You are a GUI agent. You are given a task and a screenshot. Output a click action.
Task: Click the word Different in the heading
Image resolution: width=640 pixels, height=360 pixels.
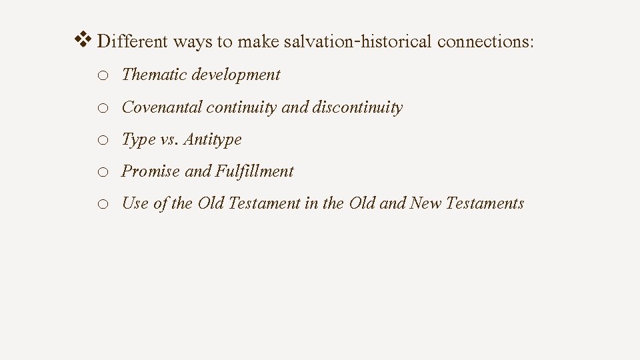(132, 42)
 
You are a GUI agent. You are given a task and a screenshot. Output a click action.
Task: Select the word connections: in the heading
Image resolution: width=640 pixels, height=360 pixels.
(486, 42)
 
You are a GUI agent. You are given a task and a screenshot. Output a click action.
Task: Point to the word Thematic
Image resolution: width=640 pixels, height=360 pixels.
(154, 75)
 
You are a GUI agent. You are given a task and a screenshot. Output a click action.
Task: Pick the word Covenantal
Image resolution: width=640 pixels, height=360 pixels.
(162, 107)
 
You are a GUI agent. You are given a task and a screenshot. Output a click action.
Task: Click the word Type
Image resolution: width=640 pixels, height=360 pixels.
(138, 140)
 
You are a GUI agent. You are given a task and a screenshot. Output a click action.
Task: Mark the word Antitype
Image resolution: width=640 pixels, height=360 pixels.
(213, 140)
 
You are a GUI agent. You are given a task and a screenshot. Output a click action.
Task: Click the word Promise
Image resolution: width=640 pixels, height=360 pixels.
(151, 171)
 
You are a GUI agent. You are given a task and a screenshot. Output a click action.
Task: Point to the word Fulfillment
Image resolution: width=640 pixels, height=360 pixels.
(254, 171)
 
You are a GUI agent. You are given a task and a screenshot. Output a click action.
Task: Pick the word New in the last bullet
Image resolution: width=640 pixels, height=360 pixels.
(425, 204)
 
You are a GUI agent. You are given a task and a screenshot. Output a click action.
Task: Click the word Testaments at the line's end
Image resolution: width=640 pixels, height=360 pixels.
(485, 204)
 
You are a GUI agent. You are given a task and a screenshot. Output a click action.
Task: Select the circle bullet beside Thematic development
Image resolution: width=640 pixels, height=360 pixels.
(103, 75)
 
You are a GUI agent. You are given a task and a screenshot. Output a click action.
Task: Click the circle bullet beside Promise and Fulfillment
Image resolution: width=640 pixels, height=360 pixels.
(103, 172)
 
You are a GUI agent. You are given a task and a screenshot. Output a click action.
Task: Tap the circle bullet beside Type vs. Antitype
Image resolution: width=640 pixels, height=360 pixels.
(103, 141)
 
